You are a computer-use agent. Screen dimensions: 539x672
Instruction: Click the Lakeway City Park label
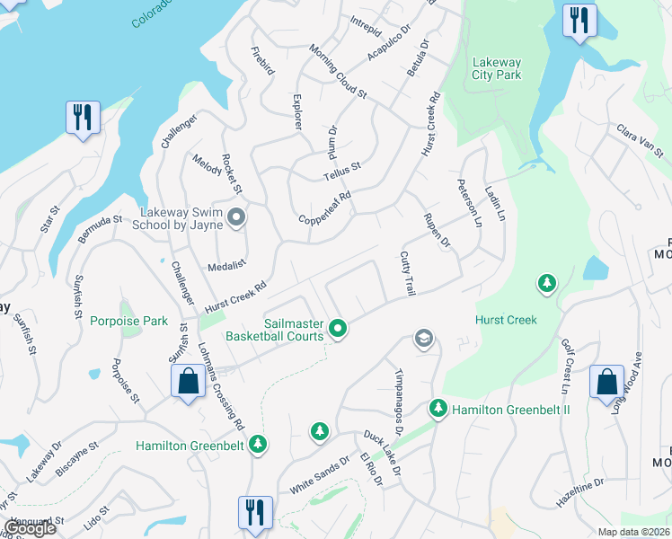pos(496,68)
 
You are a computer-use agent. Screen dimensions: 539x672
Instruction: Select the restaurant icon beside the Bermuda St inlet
pos(83,118)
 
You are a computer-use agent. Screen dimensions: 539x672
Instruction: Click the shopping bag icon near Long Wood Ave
pos(606,381)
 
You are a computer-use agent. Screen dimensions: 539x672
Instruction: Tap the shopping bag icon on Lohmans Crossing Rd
pos(188,381)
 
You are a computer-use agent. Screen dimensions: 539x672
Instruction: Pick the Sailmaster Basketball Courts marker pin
pos(338,330)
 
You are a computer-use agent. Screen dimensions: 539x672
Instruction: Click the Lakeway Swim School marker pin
pos(236,217)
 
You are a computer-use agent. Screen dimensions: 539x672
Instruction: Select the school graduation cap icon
pos(422,339)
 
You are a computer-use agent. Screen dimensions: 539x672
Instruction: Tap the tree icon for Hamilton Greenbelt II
pos(438,408)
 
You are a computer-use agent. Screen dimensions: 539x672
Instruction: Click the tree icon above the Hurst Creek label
pos(545,285)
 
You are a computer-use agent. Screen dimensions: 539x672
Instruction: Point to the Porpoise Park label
pos(128,321)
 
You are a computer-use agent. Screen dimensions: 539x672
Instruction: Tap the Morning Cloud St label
pos(339,71)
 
